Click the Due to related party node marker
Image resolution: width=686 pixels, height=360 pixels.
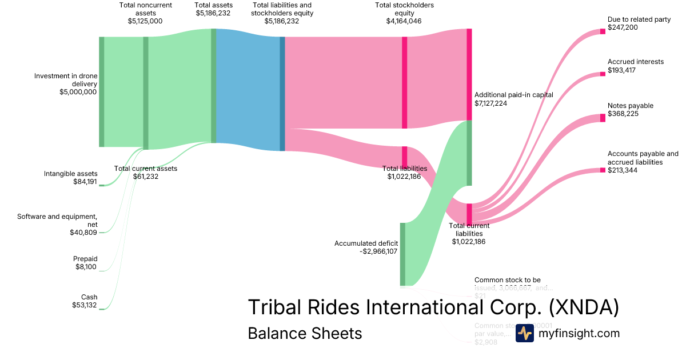[x=603, y=31]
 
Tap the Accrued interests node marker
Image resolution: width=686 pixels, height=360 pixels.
[x=603, y=74]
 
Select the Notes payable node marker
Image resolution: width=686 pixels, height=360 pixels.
[x=603, y=118]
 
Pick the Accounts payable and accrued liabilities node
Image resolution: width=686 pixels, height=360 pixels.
[x=603, y=170]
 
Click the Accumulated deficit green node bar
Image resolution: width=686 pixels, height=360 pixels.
[x=402, y=254]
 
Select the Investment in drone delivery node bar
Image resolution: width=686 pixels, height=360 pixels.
[x=102, y=91]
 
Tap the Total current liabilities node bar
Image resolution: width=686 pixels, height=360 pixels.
[x=469, y=214]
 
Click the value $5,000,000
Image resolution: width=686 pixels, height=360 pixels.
[x=78, y=92]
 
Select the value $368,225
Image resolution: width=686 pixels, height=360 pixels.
[x=623, y=114]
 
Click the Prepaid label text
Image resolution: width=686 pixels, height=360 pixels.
[x=85, y=259]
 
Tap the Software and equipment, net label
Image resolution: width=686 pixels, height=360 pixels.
[x=57, y=221]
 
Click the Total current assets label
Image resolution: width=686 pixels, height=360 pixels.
[x=146, y=169]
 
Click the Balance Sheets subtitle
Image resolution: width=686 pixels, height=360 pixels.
[x=305, y=333]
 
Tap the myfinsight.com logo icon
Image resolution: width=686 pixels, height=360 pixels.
[x=524, y=333]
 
